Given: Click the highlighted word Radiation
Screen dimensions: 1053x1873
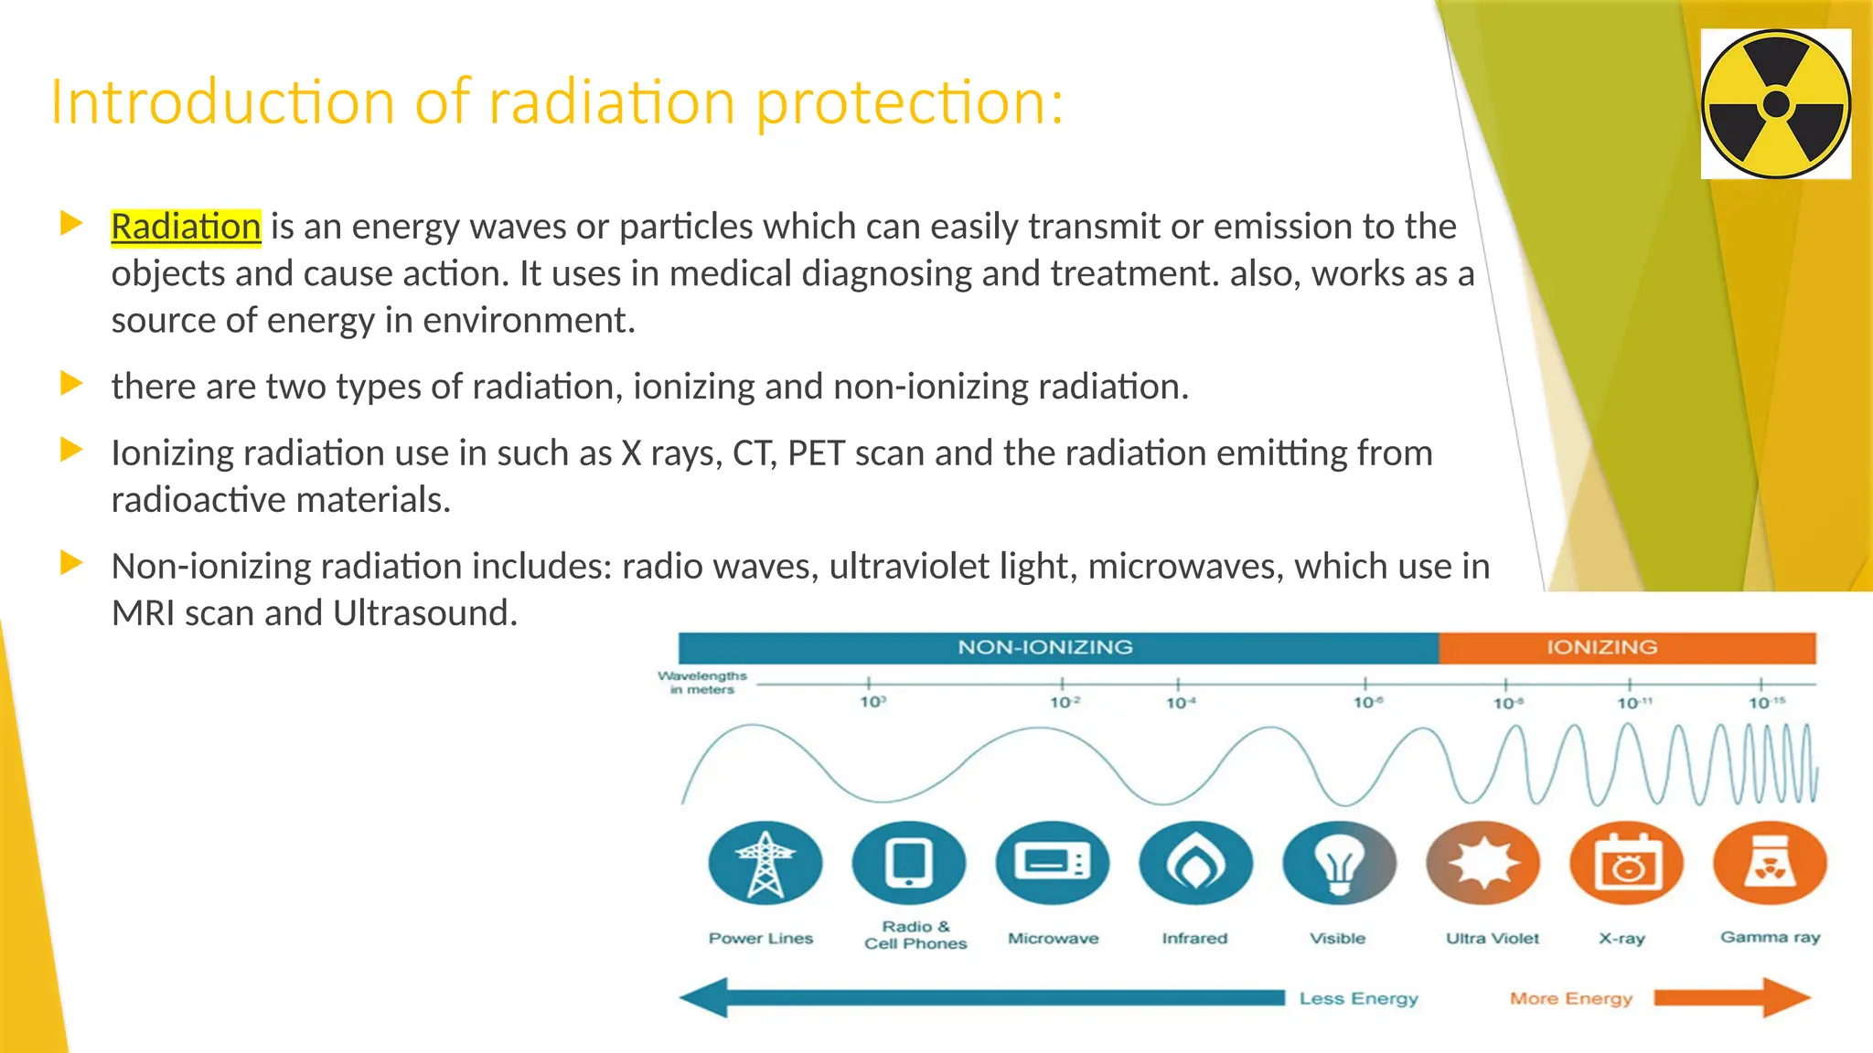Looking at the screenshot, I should (186, 227).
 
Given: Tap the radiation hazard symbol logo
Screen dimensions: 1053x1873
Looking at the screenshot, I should (1775, 104).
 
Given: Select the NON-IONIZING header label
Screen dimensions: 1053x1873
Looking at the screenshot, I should (1044, 647).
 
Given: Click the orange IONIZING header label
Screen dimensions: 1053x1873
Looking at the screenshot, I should (1601, 647).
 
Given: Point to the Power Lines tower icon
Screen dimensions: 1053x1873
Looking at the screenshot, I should (765, 863).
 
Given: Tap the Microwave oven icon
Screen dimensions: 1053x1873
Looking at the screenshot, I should (1052, 863).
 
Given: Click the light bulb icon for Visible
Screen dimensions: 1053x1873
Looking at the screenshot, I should (1339, 863).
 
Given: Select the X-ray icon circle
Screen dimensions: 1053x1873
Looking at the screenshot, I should (1626, 863).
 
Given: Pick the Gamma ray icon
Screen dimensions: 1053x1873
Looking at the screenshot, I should (1770, 863).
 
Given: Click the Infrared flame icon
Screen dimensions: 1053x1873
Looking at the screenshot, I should (1195, 863).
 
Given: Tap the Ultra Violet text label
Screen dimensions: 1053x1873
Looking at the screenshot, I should (1492, 938).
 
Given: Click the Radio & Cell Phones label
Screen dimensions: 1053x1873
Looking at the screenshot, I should (915, 935).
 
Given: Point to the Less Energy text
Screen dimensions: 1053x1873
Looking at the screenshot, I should (1358, 998).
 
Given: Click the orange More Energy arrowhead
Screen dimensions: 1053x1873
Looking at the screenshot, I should (1783, 997).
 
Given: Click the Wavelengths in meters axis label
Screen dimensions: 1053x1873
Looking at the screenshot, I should (702, 682).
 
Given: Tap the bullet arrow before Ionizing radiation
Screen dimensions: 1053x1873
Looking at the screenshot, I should (71, 450).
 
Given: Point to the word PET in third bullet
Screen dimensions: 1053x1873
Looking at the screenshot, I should (815, 453).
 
